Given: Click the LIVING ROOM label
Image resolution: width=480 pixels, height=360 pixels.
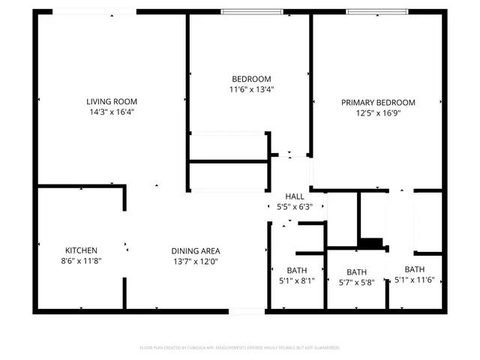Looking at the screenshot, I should click(x=112, y=101).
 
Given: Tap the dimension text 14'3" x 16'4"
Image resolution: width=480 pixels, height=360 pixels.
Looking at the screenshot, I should click(x=112, y=112).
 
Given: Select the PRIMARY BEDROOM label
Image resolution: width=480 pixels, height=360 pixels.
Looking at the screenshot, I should click(x=378, y=103).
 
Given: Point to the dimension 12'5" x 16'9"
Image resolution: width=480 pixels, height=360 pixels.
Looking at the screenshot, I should click(x=378, y=113).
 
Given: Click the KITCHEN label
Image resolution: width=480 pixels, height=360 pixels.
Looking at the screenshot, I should click(x=81, y=250).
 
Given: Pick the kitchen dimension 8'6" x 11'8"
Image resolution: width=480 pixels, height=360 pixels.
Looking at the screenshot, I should click(x=81, y=261).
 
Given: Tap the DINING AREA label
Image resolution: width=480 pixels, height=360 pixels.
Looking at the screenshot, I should click(x=196, y=251).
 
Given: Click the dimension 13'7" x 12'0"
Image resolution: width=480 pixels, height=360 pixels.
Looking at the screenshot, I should click(x=196, y=262).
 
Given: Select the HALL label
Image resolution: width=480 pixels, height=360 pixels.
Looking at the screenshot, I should click(x=294, y=196).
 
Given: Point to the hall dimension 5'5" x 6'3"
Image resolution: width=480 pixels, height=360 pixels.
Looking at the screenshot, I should click(x=294, y=206).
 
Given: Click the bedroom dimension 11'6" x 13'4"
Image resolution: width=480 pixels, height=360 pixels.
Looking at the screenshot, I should click(x=250, y=89).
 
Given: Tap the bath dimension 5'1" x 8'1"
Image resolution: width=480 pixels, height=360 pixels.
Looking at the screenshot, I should click(x=296, y=281).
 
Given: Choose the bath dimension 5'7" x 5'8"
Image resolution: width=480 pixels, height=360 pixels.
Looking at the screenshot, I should click(x=356, y=283).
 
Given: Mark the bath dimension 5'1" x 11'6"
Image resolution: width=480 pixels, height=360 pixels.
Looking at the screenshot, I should click(x=415, y=280).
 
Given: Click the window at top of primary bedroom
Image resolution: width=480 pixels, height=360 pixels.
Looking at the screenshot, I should click(x=377, y=12).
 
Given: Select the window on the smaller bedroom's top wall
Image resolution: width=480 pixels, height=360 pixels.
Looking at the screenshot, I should click(x=252, y=12).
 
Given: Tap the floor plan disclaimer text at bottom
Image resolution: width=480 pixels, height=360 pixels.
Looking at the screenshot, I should click(x=240, y=348).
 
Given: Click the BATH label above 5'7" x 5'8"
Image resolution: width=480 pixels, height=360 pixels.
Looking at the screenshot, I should click(x=356, y=272).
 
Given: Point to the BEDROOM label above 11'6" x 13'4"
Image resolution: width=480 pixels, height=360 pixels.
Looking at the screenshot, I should click(x=250, y=79).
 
